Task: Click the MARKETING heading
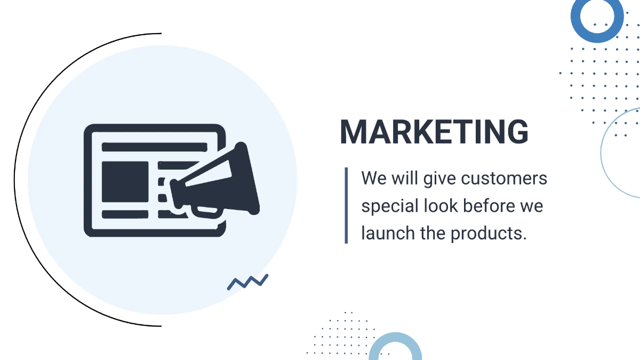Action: tap(434, 132)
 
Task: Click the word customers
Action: tap(504, 178)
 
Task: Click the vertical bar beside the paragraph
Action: tap(346, 205)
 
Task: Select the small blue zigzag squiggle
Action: tap(247, 282)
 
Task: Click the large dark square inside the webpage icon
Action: tap(125, 181)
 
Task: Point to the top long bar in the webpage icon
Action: tap(154, 146)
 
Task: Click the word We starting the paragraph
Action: tap(374, 178)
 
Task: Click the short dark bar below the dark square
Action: tap(125, 214)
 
